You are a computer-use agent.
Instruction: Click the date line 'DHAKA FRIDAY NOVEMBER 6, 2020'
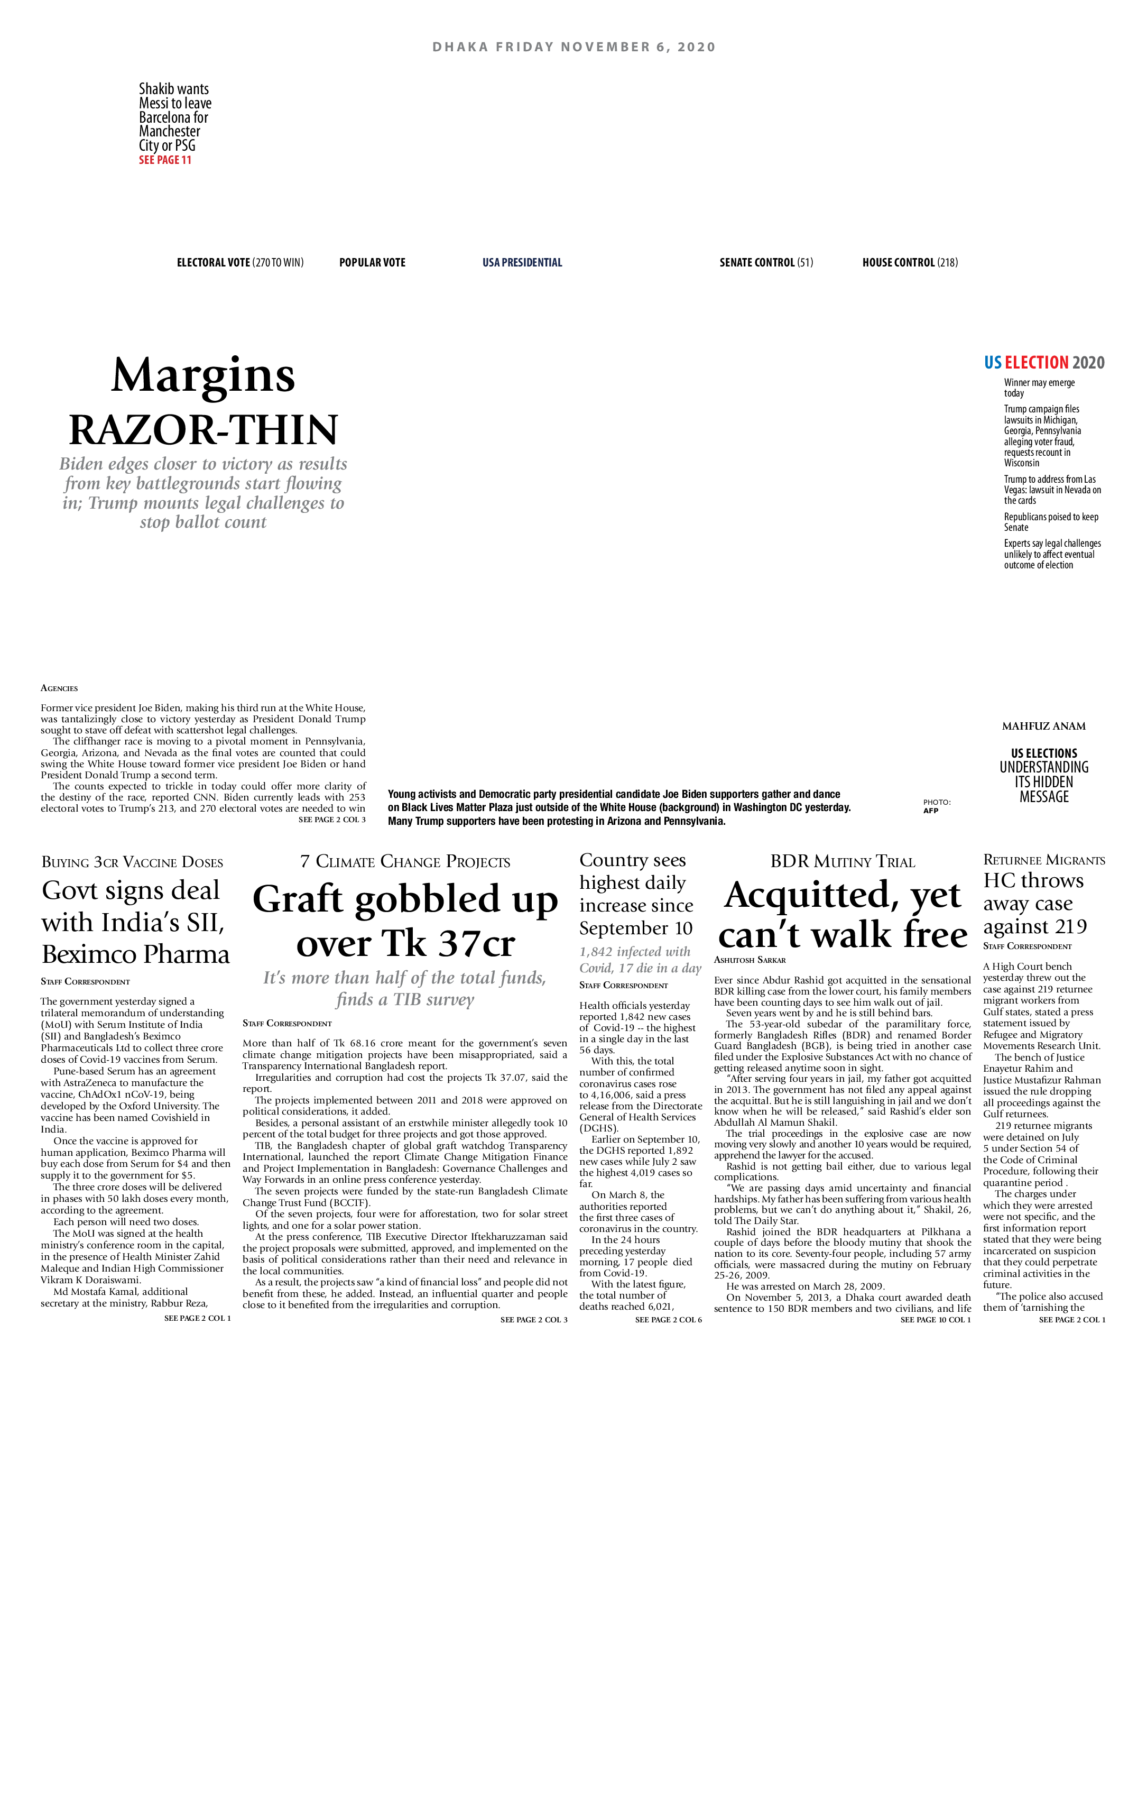(x=573, y=47)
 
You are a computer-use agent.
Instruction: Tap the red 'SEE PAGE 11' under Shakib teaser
(x=165, y=160)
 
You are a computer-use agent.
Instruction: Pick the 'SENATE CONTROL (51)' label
(x=766, y=263)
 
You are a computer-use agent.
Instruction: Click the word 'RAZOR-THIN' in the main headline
(x=203, y=430)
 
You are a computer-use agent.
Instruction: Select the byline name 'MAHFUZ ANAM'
(x=1044, y=725)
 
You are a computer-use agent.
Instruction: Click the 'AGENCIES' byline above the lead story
(x=59, y=688)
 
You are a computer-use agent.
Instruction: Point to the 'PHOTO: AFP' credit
(x=936, y=806)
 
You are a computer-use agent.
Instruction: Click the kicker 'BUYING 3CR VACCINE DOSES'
(x=133, y=862)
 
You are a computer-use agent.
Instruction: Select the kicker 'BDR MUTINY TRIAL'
(x=843, y=862)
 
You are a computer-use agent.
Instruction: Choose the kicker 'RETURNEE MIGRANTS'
(x=1044, y=860)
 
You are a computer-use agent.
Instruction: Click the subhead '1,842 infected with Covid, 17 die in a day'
(x=640, y=960)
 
